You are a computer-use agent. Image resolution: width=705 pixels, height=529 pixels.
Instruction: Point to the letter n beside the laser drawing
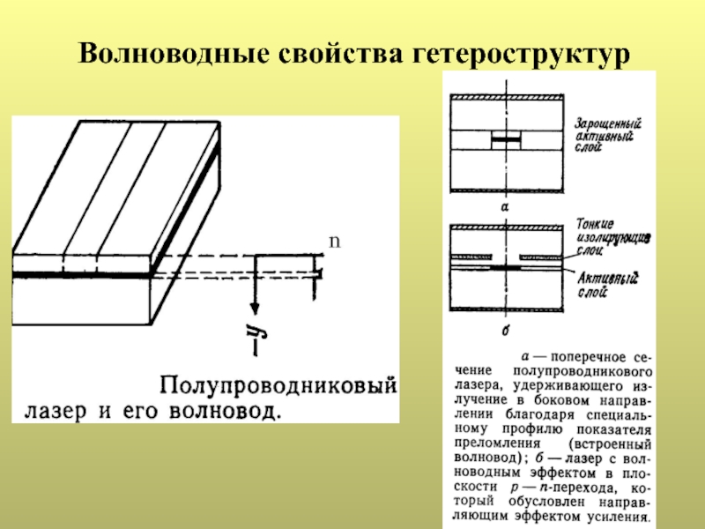coord(333,241)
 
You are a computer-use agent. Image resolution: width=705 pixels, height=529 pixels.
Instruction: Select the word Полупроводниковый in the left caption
coord(276,386)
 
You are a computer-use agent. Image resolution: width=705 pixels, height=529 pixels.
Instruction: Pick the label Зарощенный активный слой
coord(608,137)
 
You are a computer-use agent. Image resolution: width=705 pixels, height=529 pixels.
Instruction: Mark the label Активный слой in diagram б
coord(608,283)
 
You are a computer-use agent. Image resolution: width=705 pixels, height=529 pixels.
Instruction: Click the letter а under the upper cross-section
coord(504,204)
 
